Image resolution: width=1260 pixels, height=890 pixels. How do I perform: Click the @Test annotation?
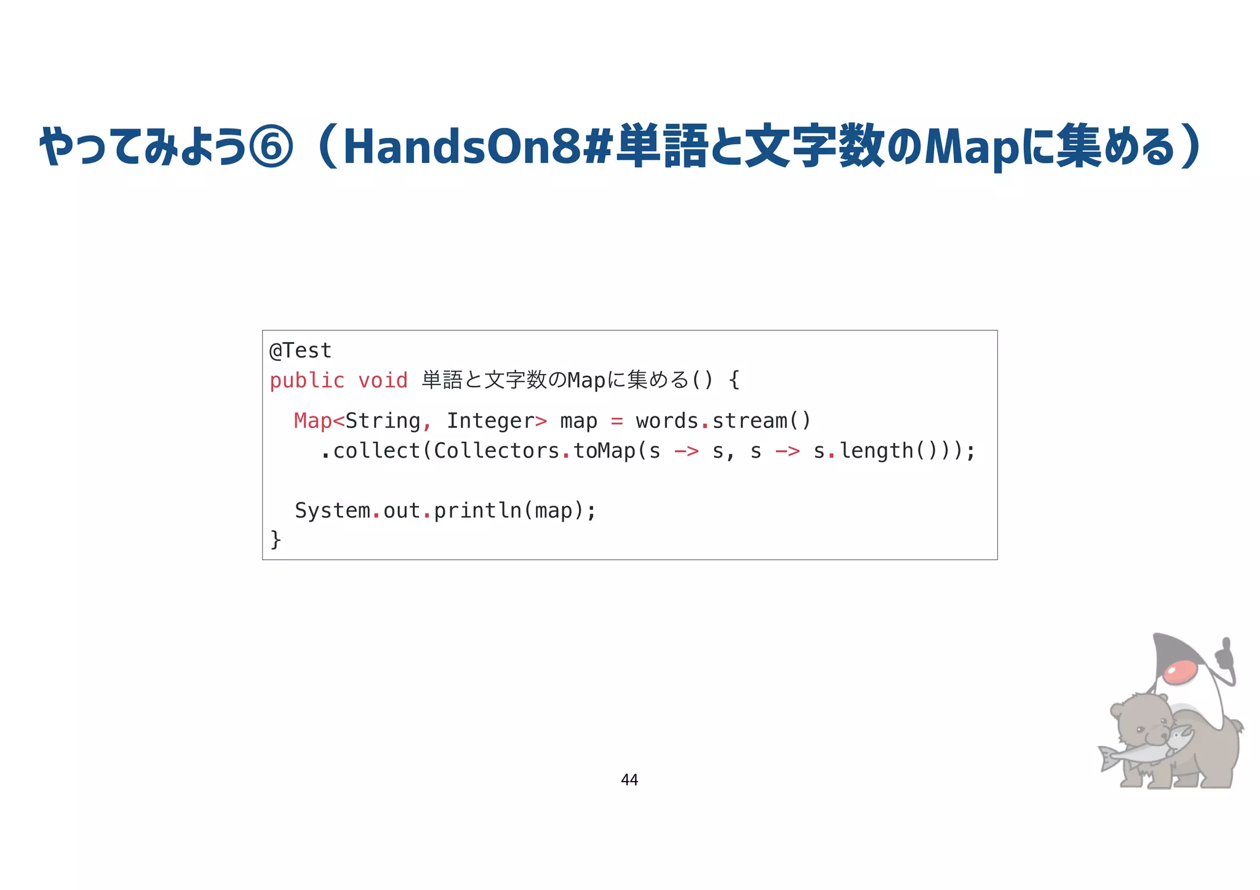(x=300, y=351)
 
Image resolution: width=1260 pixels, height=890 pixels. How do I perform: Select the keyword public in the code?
(x=307, y=381)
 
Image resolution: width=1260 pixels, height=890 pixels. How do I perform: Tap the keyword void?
(x=383, y=381)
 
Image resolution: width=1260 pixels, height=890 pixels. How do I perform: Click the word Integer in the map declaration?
(x=490, y=421)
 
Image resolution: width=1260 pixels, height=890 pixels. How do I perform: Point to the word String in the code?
(x=383, y=421)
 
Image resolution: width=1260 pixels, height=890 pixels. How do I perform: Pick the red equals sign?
(x=616, y=421)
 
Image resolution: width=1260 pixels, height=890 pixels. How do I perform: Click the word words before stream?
(x=667, y=421)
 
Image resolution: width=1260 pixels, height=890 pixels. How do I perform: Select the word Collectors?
(x=496, y=451)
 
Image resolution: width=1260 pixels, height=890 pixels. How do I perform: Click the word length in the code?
(x=876, y=451)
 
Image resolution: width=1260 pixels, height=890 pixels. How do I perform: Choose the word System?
(x=332, y=511)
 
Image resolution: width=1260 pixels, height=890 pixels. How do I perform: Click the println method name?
(x=477, y=511)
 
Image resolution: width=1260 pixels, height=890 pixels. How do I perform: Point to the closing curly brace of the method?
(x=276, y=539)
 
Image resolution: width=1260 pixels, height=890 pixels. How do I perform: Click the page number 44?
(x=629, y=780)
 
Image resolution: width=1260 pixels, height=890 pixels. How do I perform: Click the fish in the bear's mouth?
(x=1144, y=749)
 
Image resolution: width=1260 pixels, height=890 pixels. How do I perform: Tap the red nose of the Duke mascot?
(x=1181, y=673)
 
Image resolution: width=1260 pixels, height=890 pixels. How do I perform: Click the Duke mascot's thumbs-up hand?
(x=1224, y=656)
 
